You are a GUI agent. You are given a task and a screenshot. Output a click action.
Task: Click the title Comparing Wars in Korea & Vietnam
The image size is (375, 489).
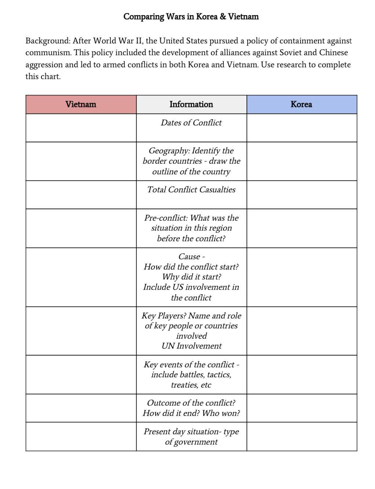click(191, 17)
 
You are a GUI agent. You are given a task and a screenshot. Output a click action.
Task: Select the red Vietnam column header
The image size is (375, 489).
click(81, 104)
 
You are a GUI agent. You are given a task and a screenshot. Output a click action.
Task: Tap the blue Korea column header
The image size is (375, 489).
click(301, 104)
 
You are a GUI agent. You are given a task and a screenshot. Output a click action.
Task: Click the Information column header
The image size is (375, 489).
click(191, 104)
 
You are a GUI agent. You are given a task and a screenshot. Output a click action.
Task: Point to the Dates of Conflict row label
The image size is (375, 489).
click(191, 123)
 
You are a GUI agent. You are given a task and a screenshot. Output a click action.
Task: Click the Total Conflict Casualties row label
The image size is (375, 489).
click(191, 190)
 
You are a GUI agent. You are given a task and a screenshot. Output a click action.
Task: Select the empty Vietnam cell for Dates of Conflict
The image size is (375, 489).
click(81, 128)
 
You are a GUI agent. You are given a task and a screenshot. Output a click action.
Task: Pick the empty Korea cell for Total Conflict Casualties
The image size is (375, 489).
click(302, 194)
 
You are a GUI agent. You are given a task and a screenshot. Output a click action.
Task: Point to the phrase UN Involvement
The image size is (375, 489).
click(192, 346)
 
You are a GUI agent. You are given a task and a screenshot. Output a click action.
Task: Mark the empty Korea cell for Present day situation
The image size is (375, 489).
click(302, 436)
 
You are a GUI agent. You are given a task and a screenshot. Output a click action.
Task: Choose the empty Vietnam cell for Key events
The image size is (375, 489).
click(81, 375)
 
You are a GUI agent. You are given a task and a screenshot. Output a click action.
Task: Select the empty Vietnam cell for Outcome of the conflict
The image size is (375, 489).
click(81, 408)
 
